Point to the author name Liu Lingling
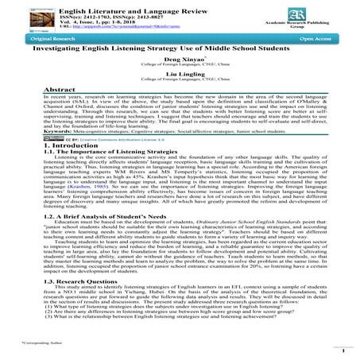click(180, 78)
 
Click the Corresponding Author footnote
click(33, 347)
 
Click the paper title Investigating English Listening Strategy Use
click(180, 48)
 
